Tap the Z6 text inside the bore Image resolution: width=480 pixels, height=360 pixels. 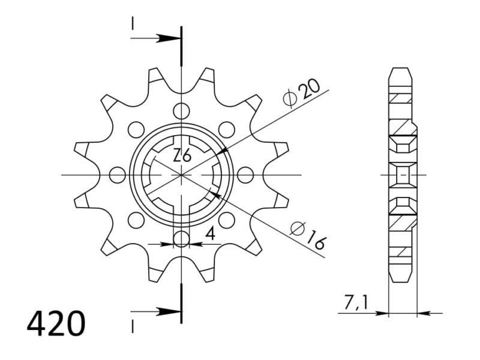click(x=182, y=156)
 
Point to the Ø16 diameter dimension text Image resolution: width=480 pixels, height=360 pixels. click(x=307, y=236)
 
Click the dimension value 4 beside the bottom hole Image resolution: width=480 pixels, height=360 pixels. click(x=210, y=235)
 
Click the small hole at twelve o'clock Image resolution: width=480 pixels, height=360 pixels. click(x=181, y=110)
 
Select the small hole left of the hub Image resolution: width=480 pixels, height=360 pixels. click(x=116, y=175)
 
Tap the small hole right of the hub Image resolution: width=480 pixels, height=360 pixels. click(x=245, y=175)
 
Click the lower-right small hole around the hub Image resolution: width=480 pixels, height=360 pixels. click(x=226, y=221)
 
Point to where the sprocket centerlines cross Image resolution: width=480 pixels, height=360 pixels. click(x=181, y=175)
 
